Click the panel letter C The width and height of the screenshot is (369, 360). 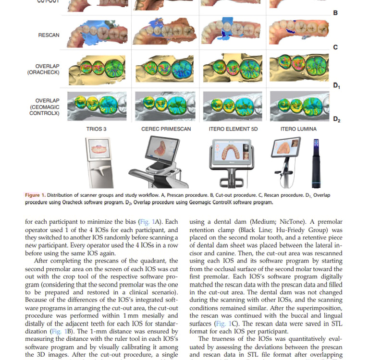[335, 47]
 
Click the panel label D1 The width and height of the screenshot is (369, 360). [336, 85]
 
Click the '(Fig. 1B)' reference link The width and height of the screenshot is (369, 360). [61, 331]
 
